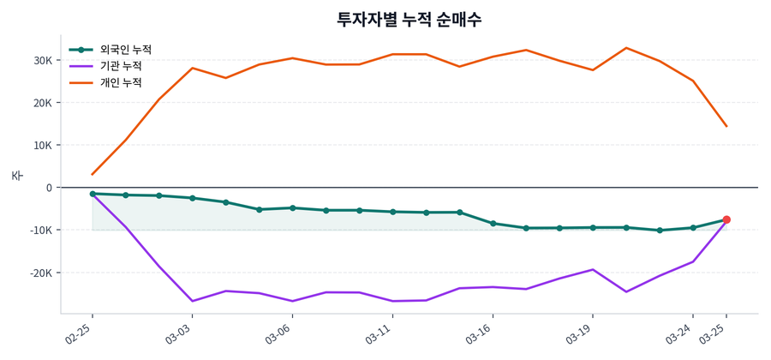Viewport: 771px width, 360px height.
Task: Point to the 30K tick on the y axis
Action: [42, 61]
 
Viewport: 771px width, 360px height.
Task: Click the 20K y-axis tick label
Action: [42, 103]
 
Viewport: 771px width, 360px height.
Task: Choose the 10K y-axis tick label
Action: [42, 145]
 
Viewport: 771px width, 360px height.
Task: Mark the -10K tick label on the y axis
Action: [39, 230]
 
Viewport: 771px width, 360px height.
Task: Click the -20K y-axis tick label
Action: [39, 273]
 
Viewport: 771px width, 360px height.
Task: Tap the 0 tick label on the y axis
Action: [49, 188]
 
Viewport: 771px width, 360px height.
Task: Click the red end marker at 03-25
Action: [726, 219]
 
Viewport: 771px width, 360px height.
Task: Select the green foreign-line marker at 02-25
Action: [93, 194]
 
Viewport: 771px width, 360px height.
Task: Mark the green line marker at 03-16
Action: [493, 224]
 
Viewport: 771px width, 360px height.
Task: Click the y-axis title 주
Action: [18, 176]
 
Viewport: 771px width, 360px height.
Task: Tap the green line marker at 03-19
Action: [593, 227]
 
